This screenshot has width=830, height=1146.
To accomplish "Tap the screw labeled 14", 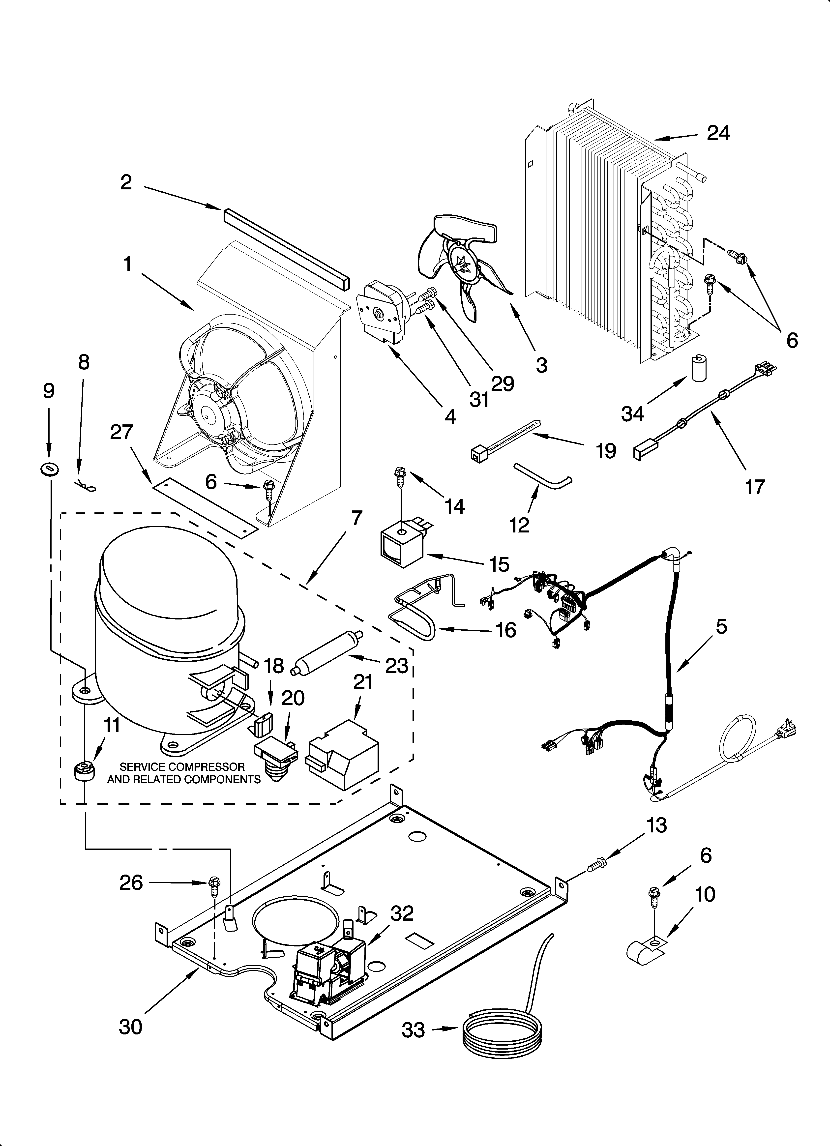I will coord(399,476).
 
